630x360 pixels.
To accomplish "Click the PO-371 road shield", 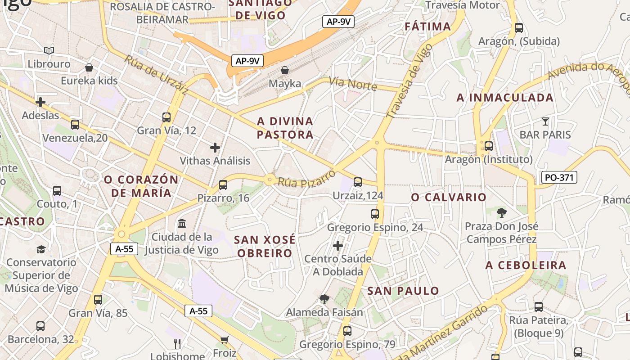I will tap(559, 177).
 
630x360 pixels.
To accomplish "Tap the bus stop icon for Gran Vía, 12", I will tap(166, 117).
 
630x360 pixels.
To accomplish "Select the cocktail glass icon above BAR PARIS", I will tap(545, 121).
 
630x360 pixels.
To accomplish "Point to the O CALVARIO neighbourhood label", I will tap(449, 197).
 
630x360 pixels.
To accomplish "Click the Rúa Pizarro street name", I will tap(307, 178).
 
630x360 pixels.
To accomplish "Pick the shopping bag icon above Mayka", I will tap(284, 70).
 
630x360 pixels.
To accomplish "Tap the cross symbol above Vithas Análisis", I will tap(215, 147).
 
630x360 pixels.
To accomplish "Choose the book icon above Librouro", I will tap(49, 51).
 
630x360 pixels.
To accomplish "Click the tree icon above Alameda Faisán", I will tap(324, 299).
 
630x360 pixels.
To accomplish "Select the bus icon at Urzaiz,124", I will tap(358, 182).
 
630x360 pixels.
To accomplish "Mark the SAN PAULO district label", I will tap(403, 291).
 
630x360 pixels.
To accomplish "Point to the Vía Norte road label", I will tap(352, 83).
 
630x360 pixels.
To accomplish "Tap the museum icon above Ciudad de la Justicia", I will tap(182, 224).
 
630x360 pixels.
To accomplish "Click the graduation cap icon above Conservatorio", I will tap(41, 249).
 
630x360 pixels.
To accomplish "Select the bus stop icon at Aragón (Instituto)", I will tap(489, 146).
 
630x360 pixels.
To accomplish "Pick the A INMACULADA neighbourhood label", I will tap(505, 97).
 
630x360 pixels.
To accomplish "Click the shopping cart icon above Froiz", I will tap(224, 340).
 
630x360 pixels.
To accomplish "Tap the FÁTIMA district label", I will tap(427, 26).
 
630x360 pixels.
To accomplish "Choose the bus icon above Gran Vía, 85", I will tap(98, 299).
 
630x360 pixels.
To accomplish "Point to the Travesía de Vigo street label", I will tap(409, 81).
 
